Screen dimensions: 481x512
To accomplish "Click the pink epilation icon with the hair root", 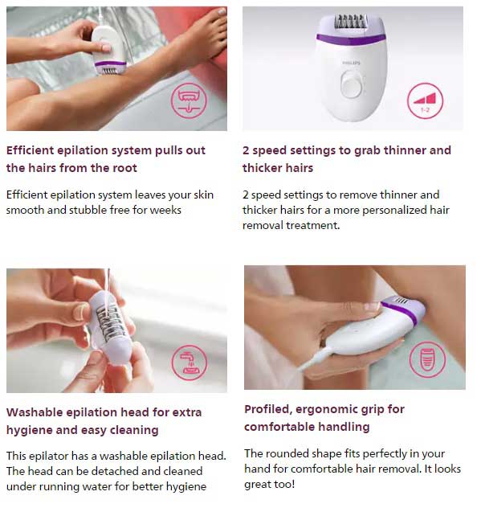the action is coord(189,100).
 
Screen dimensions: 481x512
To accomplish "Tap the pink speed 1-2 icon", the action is coord(425,100).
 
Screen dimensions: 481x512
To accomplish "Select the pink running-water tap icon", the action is coord(190,362).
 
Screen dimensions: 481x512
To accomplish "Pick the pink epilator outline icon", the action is coord(427,359).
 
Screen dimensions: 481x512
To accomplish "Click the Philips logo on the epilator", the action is coord(352,63).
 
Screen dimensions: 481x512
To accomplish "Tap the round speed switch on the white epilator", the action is coord(352,84).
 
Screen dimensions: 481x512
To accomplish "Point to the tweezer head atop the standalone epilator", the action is coord(351,22).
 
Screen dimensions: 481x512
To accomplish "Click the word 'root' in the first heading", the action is coord(124,168).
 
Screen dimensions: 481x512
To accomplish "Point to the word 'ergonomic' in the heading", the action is coord(327,409).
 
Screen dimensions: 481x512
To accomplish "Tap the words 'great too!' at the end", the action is coord(270,485).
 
